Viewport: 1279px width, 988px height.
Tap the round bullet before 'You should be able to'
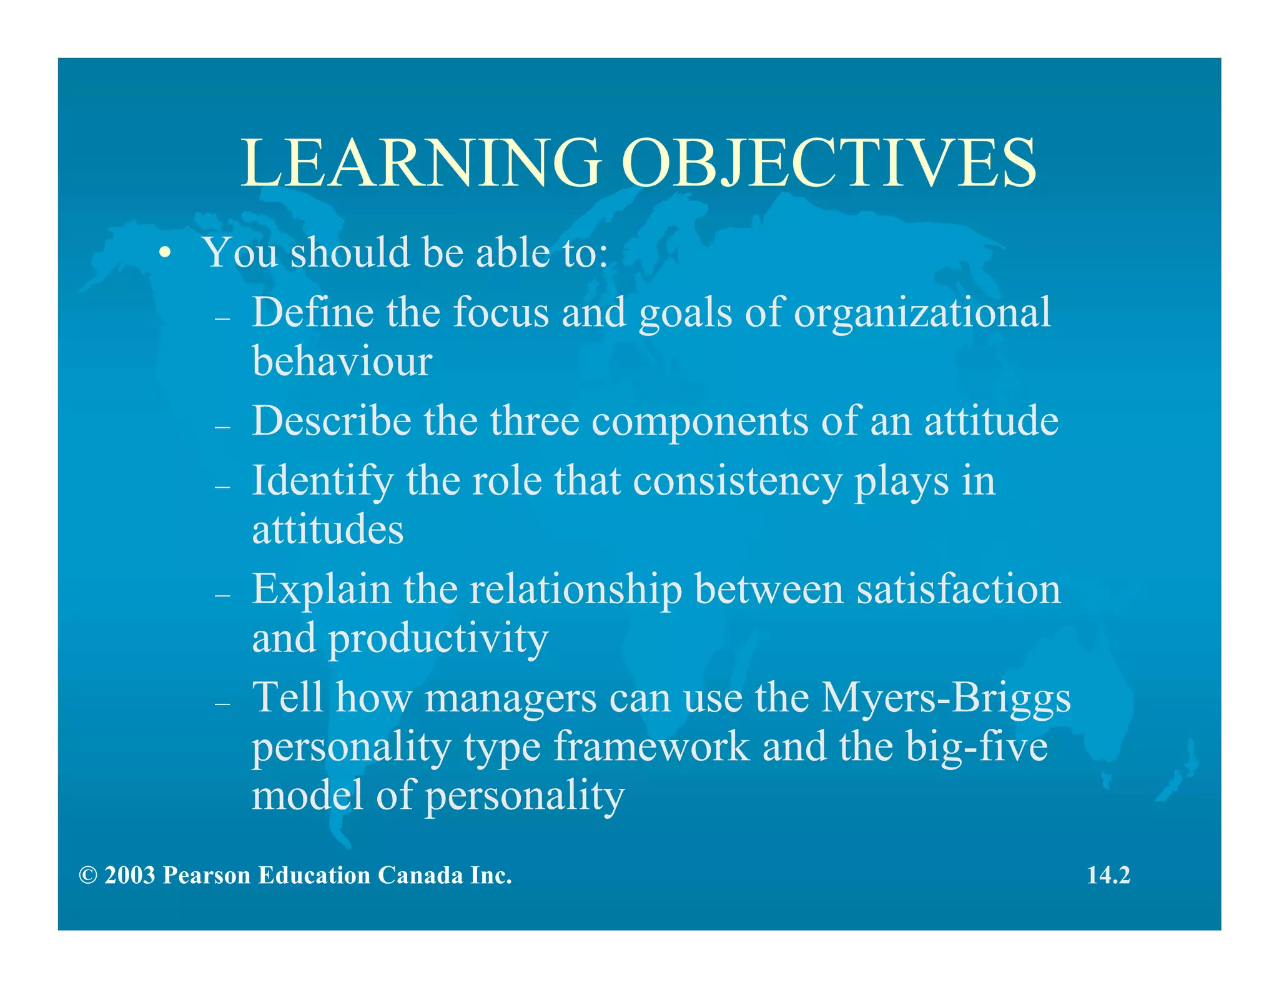[164, 253]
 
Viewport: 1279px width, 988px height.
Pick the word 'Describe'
[332, 420]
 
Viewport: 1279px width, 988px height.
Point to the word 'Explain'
[321, 590]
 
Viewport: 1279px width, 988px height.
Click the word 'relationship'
[575, 590]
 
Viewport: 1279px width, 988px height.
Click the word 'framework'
[651, 747]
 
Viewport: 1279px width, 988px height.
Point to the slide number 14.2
[1109, 876]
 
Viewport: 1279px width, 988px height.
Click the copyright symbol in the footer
[88, 876]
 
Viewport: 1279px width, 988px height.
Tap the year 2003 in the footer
[130, 876]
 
